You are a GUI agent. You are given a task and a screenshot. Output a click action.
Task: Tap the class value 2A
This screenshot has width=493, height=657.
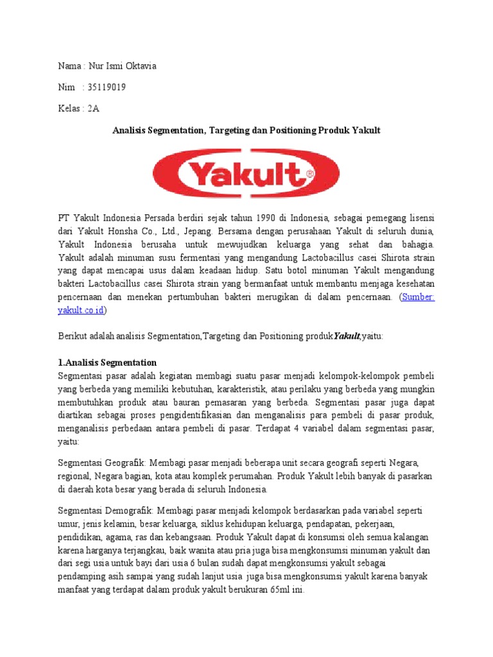click(x=94, y=108)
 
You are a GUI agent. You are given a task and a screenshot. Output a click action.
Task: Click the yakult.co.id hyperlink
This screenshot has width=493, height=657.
click(x=82, y=310)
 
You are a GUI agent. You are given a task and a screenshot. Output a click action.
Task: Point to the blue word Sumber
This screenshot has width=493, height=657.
click(x=418, y=298)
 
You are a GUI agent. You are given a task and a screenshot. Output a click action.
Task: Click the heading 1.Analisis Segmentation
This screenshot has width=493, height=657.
click(x=107, y=363)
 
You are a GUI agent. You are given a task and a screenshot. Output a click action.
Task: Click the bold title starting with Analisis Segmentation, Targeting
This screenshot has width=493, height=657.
click(x=246, y=130)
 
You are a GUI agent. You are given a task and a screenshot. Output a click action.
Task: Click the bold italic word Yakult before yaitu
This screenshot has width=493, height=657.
click(x=346, y=336)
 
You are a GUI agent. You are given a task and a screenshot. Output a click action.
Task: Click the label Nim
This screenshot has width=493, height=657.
click(x=65, y=87)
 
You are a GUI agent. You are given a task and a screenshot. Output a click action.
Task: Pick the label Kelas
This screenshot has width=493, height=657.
click(x=69, y=108)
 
